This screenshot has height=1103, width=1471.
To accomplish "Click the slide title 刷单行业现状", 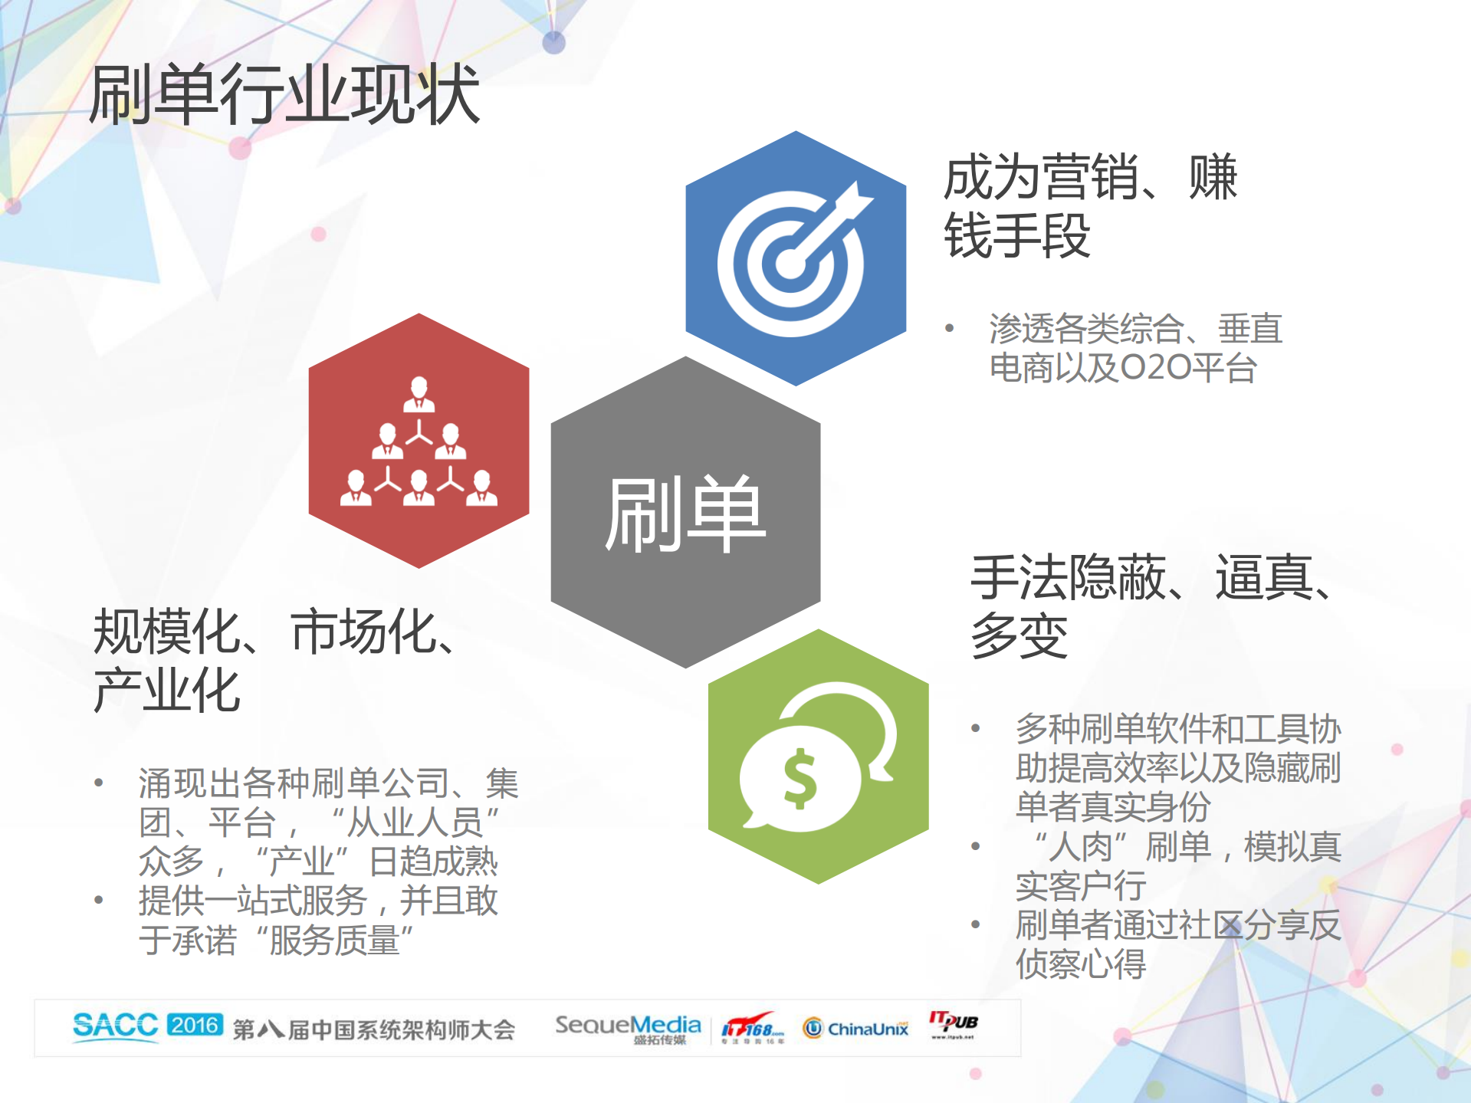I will pyautogui.click(x=284, y=96).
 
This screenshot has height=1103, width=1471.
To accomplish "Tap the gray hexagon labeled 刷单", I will pyautogui.click(x=685, y=512).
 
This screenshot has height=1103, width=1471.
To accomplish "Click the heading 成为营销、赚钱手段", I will pyautogui.click(x=1088, y=205).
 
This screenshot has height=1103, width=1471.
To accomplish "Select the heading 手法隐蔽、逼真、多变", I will pyautogui.click(x=1150, y=606).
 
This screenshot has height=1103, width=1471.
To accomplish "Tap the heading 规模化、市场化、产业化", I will pyautogui.click(x=276, y=659).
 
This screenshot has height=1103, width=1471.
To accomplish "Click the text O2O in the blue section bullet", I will pyautogui.click(x=1155, y=369).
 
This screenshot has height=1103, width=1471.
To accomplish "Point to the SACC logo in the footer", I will pyautogui.click(x=115, y=1026).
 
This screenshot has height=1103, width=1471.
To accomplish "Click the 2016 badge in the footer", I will pyautogui.click(x=195, y=1025).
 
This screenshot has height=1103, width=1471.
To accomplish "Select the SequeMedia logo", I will pyautogui.click(x=628, y=1027).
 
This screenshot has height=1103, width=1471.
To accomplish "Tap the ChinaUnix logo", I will pyautogui.click(x=855, y=1028).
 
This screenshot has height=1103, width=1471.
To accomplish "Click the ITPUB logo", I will pyautogui.click(x=954, y=1023).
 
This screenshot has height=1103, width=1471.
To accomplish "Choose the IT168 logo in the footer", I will pyautogui.click(x=752, y=1027).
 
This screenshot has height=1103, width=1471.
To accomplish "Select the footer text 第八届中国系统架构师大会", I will pyautogui.click(x=373, y=1029).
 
